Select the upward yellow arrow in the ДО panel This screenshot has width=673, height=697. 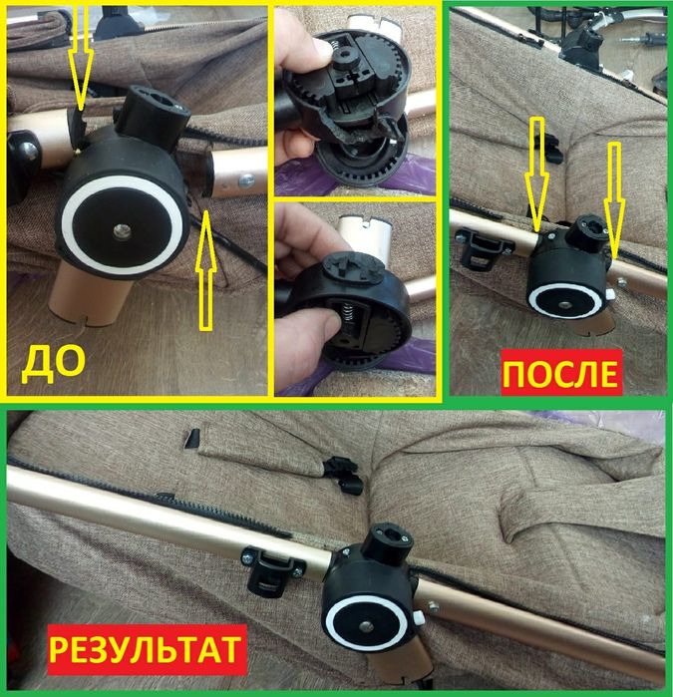[x=206, y=264]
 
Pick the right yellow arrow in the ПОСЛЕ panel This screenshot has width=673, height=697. [x=615, y=199]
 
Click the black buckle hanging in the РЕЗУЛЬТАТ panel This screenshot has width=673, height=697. [x=344, y=473]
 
